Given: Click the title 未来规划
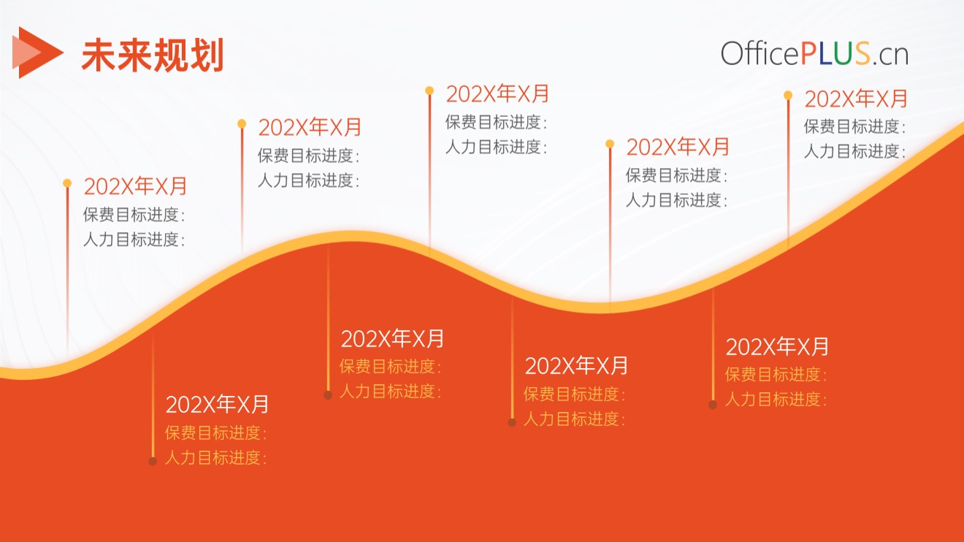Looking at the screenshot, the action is point(153,55).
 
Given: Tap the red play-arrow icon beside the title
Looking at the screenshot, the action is point(38,53).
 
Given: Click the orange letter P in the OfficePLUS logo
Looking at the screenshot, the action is point(811,54).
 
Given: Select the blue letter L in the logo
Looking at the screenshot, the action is point(828,54).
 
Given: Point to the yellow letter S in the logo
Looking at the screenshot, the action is point(862,54).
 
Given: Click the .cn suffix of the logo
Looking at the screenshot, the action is point(890,56).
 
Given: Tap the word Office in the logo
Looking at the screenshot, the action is point(760,54).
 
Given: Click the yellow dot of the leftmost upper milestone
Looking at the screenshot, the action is point(67,183).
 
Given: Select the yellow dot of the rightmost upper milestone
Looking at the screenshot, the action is point(788,95).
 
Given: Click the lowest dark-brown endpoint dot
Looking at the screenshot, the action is point(153,461).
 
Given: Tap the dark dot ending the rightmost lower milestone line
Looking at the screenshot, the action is point(713,404).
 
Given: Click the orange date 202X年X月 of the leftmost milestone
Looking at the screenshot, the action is point(135,186).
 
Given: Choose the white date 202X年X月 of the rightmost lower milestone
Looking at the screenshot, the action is point(777,347).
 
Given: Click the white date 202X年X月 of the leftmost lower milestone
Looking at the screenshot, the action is point(217,405).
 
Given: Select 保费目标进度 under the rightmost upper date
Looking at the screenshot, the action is point(852,126).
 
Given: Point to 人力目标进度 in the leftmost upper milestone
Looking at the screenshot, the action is point(131,240).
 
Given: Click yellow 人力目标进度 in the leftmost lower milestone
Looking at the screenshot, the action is point(213,457).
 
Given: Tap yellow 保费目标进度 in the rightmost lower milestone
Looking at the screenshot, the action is point(773,375).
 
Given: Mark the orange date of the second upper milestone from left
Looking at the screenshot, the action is point(310,127).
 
